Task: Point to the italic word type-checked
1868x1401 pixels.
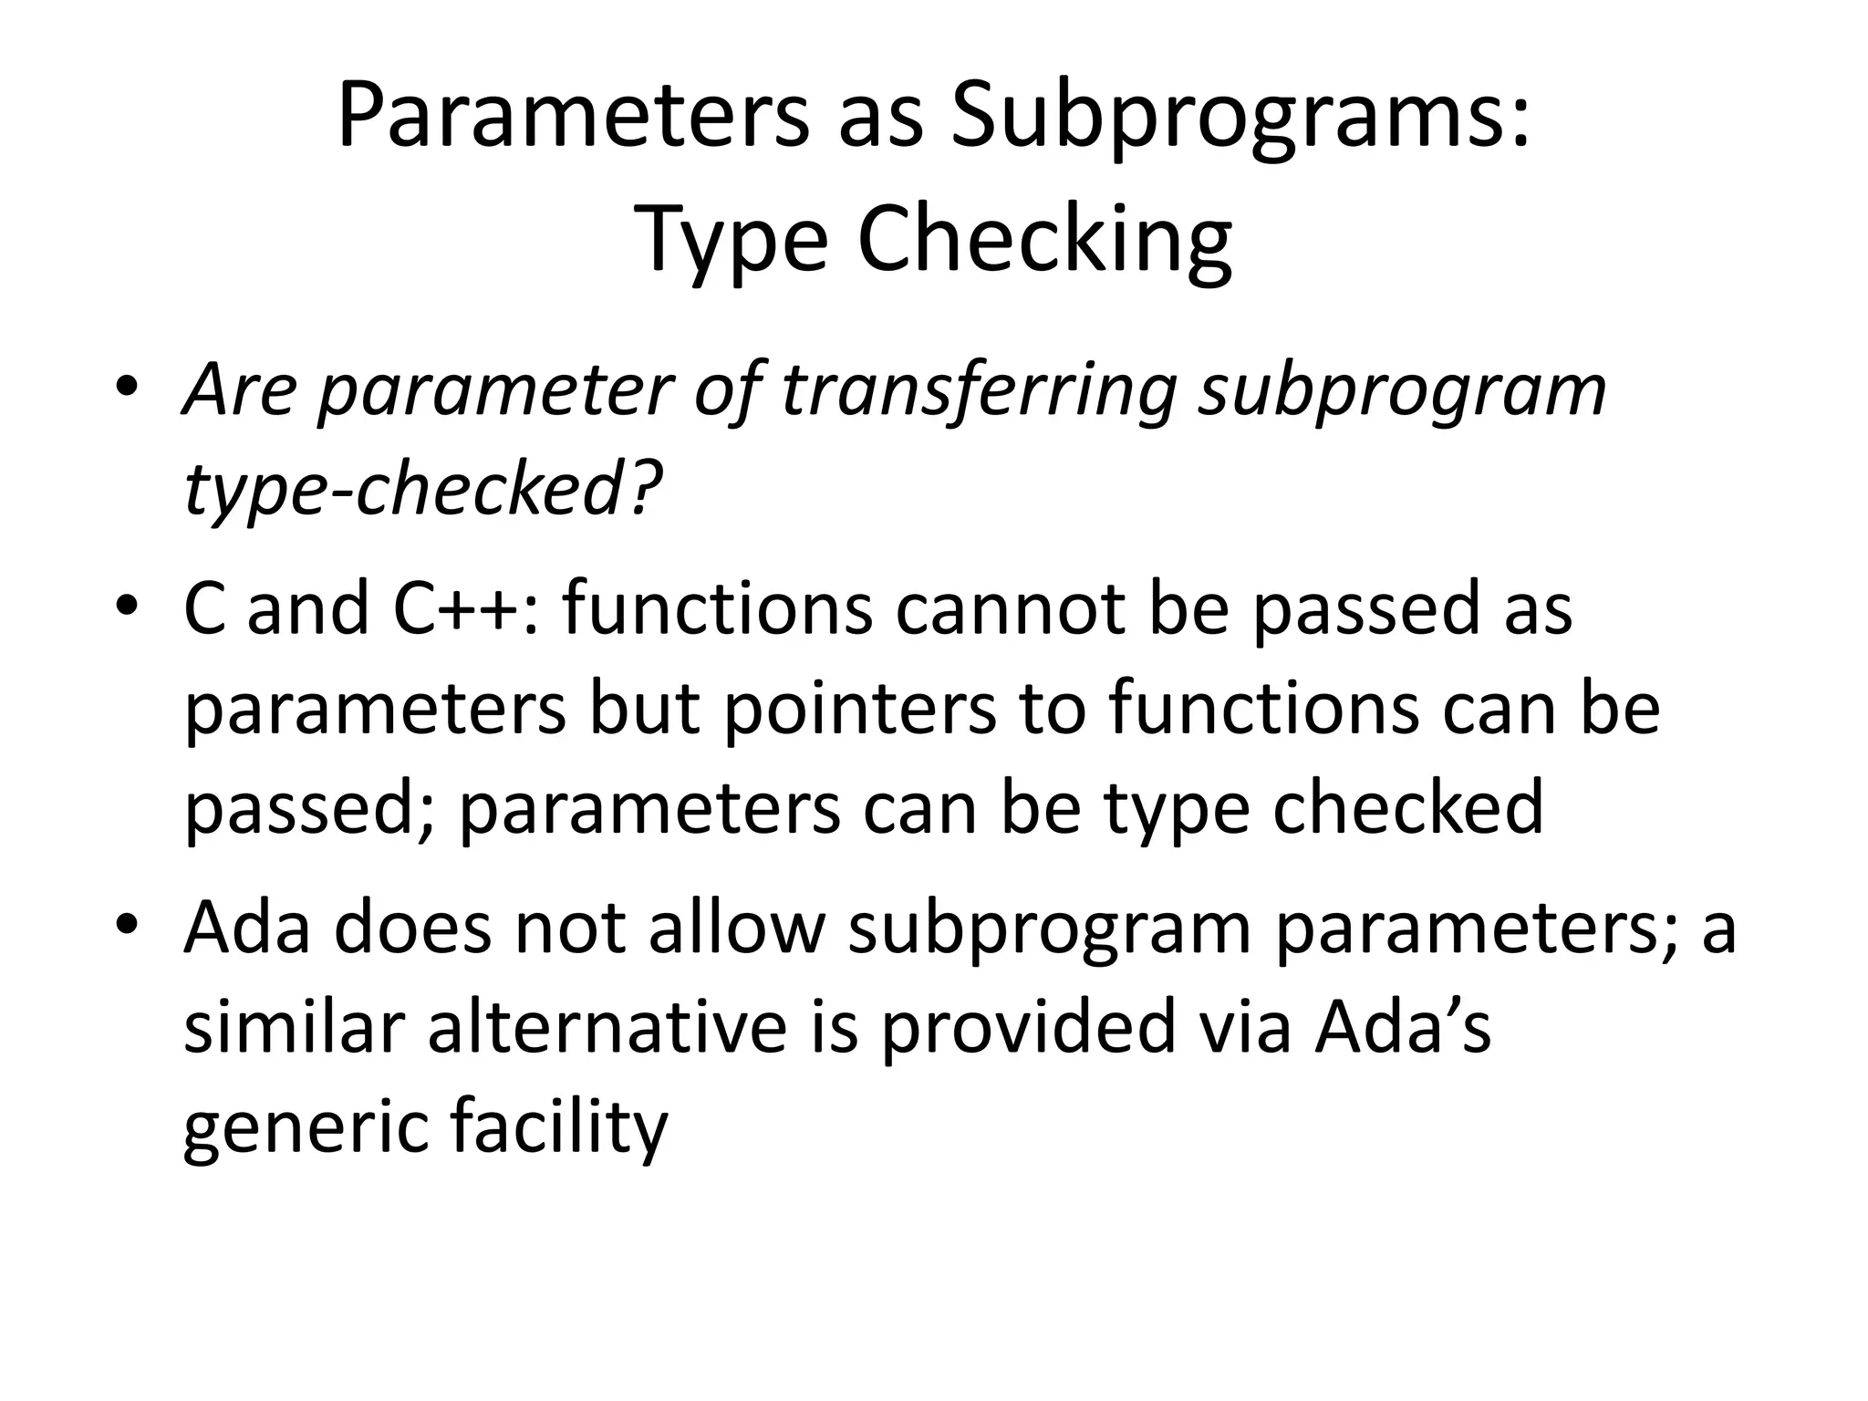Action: pos(402,489)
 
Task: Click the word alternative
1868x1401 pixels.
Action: pos(607,1027)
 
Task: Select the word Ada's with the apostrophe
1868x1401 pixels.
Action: pos(1402,1027)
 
